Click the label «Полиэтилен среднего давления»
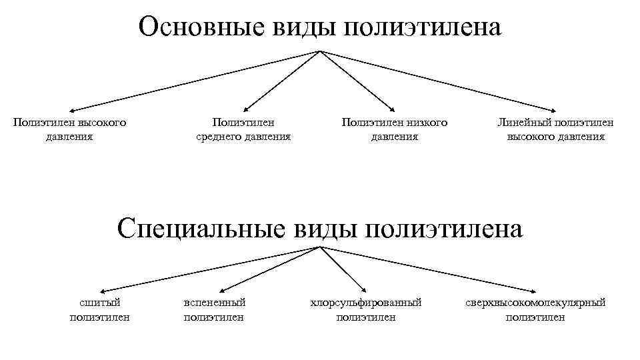[x=243, y=129]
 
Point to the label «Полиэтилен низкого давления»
[x=395, y=129]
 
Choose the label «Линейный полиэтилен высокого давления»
[x=556, y=129]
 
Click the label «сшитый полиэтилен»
[x=100, y=310]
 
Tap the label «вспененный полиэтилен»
[x=214, y=310]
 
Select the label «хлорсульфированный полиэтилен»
[x=366, y=310]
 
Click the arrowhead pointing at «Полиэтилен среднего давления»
[x=245, y=107]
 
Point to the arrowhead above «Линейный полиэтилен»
[x=553, y=109]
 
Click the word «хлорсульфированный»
[x=366, y=303]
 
